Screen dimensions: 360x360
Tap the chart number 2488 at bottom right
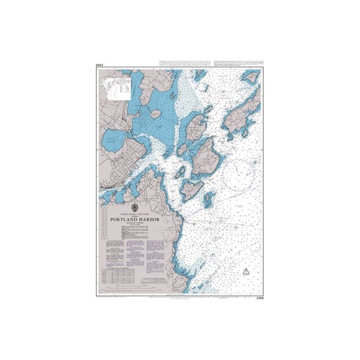pyautogui.click(x=260, y=298)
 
